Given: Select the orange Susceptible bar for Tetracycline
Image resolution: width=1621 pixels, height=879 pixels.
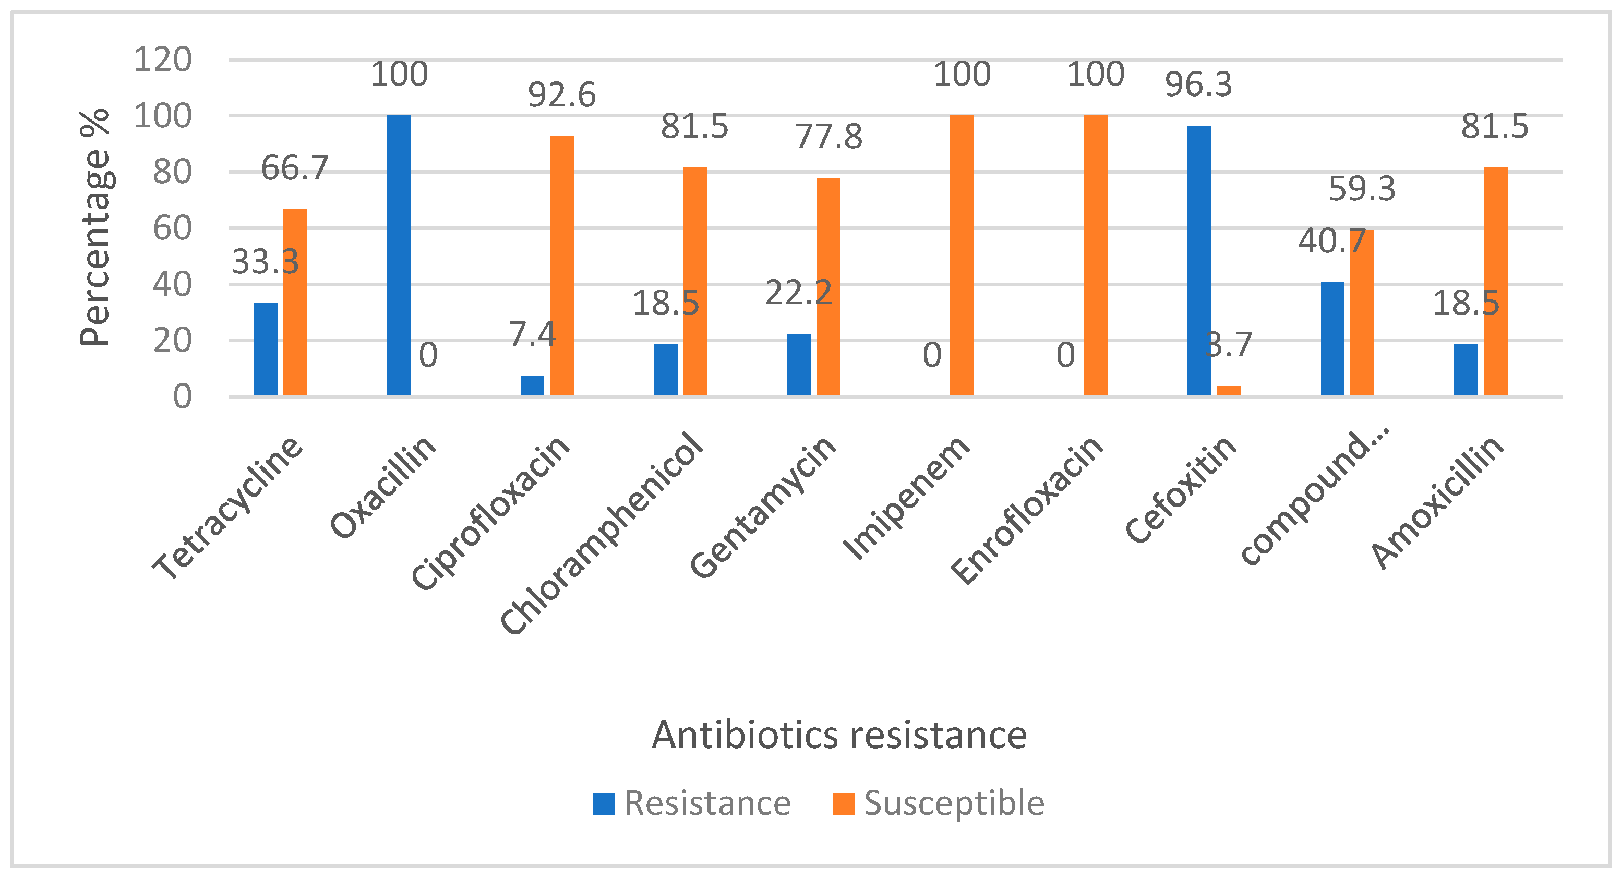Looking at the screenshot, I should point(295,302).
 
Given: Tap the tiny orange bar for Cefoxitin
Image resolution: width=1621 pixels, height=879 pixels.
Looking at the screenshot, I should point(1228,390).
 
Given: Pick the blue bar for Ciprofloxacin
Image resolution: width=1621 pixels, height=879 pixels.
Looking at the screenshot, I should point(532,385).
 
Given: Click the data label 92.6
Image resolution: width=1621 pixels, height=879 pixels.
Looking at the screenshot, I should point(561,95).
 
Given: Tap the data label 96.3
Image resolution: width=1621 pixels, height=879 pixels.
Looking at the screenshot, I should point(1198,85).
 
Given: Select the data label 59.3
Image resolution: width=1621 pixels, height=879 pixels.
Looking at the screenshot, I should point(1362,189).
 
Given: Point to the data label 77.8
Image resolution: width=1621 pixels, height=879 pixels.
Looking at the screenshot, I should point(828,137).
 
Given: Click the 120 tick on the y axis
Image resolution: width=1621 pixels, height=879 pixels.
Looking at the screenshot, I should point(162,60).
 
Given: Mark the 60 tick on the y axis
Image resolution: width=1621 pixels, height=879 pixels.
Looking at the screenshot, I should point(172,228).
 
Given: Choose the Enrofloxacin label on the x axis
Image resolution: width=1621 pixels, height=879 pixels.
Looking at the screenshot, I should point(1028,510).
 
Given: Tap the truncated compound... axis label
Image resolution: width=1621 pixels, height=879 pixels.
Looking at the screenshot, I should point(1315,497).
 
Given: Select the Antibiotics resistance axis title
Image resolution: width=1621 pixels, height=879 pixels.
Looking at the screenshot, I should point(839,734).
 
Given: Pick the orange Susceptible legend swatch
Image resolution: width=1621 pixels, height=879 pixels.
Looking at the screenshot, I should point(843,803).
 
